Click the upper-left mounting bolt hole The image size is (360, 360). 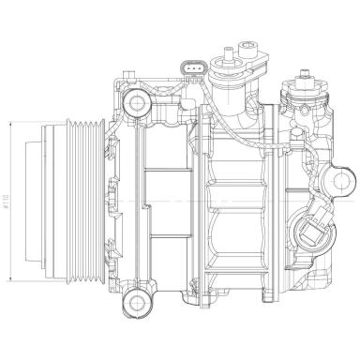click(x=138, y=101)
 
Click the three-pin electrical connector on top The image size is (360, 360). click(x=193, y=71)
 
